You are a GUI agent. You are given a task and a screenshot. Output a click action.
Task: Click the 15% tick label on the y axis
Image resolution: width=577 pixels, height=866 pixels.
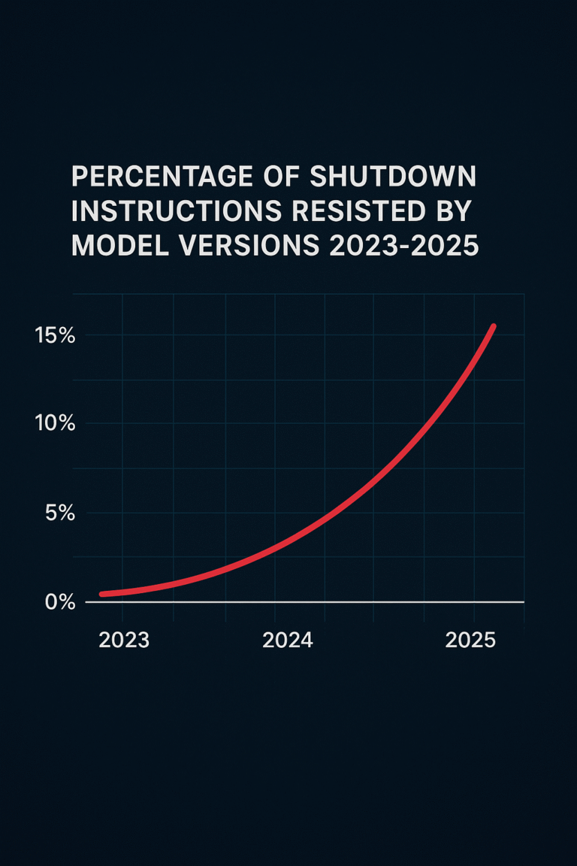[x=55, y=336]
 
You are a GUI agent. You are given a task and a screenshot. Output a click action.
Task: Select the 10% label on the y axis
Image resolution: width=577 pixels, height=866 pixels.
[x=55, y=424]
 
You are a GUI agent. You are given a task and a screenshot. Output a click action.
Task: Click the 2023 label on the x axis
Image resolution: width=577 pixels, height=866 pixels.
[x=124, y=640]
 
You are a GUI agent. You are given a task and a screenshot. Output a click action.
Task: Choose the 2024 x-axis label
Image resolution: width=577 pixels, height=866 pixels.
[x=288, y=640]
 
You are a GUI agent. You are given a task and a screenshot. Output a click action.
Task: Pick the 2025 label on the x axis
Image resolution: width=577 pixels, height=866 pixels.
[x=470, y=640]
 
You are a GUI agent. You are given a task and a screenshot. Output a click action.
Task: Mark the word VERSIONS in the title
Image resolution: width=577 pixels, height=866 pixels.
[x=251, y=246]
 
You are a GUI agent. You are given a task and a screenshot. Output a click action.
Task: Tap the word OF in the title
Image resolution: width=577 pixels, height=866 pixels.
[x=282, y=178]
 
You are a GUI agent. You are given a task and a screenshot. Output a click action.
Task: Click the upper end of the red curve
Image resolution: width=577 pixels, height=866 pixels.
[x=493, y=326]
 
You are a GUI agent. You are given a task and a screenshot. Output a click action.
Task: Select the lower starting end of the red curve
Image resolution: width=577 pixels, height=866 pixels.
[x=102, y=594]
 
